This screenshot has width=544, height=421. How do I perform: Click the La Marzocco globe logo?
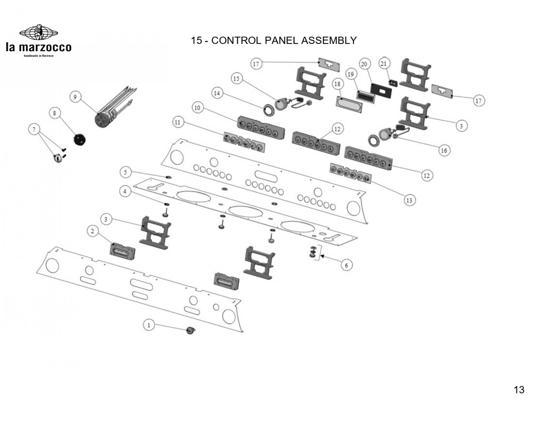tap(38, 33)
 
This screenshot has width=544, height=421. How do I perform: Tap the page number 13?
tap(519, 390)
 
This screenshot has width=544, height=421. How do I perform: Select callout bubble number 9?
tap(75, 97)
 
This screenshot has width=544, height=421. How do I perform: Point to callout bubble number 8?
tap(54, 113)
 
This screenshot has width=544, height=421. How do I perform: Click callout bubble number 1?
tap(149, 325)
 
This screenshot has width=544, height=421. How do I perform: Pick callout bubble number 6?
tap(346, 266)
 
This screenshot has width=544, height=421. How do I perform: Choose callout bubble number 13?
tap(409, 200)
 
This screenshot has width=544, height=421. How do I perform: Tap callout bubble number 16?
tap(444, 150)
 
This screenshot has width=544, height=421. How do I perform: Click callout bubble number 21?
tap(384, 64)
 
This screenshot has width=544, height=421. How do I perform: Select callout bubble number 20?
tap(364, 64)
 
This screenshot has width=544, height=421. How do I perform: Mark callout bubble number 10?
tap(197, 108)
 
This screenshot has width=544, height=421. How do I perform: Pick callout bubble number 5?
tap(125, 172)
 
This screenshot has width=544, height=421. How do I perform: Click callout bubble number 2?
tap(92, 231)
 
